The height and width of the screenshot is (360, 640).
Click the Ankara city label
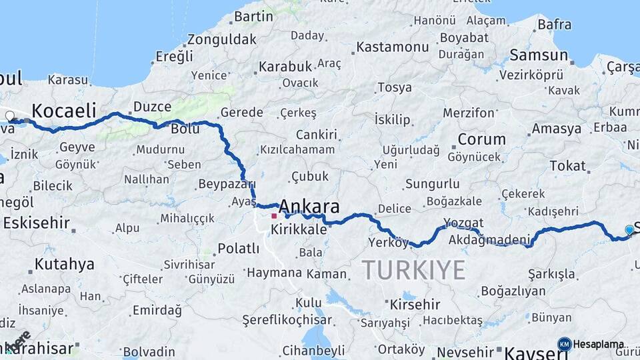coord(309,206)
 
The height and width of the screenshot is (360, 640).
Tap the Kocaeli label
coord(64,111)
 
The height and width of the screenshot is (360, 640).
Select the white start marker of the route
coord(10,116)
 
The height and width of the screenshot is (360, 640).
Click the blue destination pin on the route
coord(629,230)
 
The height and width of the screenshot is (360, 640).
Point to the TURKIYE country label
coord(413,270)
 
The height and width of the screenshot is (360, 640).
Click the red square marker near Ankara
coord(273,216)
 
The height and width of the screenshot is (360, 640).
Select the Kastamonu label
coord(392,47)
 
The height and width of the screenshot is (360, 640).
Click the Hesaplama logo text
coord(599,345)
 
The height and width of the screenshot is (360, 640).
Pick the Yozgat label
coord(463,223)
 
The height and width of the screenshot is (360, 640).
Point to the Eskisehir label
coord(37,223)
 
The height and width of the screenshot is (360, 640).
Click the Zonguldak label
coord(221,39)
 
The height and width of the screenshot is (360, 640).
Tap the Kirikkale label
coord(299,229)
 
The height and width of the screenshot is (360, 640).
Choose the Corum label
coord(481,140)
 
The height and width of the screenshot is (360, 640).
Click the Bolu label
coord(185,129)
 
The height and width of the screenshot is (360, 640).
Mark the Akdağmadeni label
coord(489,239)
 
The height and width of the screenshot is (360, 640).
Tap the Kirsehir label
coord(415,305)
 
